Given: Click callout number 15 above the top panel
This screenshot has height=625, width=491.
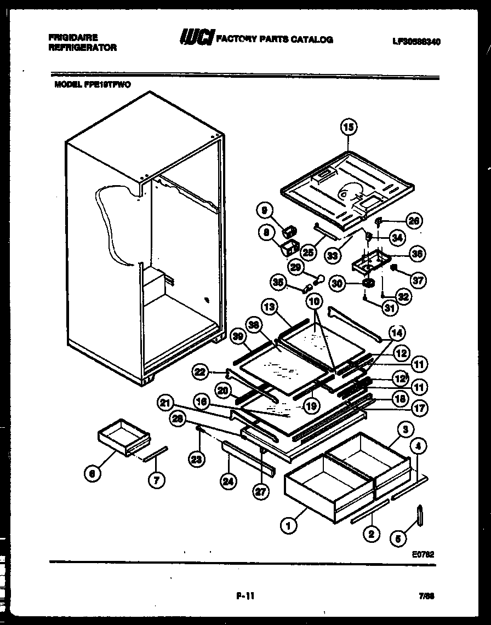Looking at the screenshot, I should coord(349,128).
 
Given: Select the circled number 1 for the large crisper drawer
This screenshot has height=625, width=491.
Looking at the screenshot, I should coord(288,526).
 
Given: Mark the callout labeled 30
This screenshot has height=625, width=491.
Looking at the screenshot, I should coord(338,283).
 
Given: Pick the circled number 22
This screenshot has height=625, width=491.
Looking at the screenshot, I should coord(201,372).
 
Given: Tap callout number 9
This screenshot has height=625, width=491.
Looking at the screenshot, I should coord(265,209).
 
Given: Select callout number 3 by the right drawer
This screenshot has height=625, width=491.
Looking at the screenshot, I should coord(406,429).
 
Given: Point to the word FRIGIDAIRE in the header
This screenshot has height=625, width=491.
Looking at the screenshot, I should coord(73,37).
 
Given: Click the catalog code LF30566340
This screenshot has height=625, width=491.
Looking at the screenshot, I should coord(416,42).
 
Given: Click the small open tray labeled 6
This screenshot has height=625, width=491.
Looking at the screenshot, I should coord(123,436).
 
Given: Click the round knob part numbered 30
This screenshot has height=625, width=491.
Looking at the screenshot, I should coord(368,283).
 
